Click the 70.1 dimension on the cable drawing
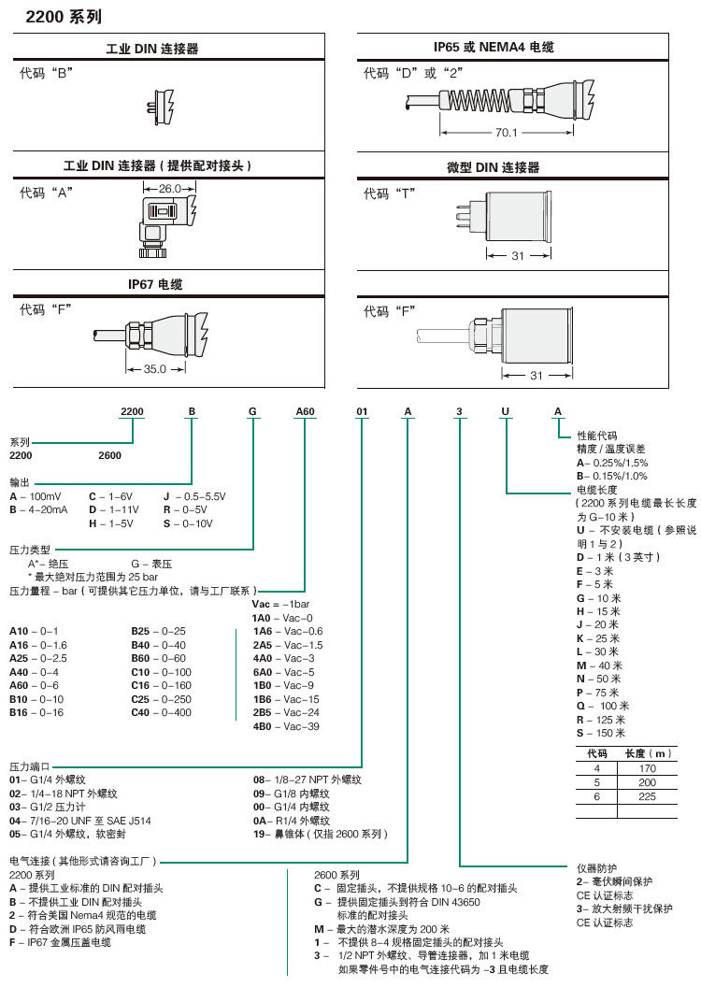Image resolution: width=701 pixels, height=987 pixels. click(507, 132)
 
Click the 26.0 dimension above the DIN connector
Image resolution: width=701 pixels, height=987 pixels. click(170, 188)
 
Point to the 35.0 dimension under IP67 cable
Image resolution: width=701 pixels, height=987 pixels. click(154, 368)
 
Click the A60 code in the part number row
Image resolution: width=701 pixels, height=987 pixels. click(306, 411)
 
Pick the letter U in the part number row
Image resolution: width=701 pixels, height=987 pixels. click(506, 411)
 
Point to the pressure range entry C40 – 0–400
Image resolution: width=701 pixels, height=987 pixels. click(161, 712)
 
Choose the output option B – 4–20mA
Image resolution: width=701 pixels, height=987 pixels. click(39, 509)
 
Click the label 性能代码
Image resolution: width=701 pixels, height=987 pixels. click(597, 436)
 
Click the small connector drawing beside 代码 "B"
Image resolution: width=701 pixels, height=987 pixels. click(162, 105)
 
